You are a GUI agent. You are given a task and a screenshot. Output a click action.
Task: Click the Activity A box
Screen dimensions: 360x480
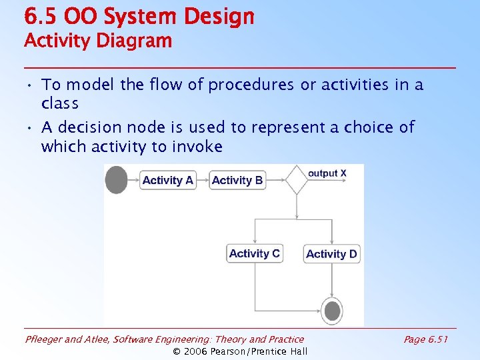[168, 180]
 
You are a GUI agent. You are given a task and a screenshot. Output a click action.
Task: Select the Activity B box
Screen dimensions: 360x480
[237, 180]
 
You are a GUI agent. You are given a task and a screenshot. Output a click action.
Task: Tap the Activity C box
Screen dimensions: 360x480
[255, 253]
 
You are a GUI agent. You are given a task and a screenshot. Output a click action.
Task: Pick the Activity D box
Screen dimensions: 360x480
[331, 254]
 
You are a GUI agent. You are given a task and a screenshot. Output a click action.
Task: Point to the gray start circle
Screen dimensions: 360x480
[117, 180]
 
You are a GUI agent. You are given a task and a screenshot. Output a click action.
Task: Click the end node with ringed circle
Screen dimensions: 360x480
[332, 310]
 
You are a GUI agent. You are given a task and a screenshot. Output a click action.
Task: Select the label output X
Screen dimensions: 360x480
[327, 173]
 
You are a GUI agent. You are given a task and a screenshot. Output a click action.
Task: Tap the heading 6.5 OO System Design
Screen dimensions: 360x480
[139, 17]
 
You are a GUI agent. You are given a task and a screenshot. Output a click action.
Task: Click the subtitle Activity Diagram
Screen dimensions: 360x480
[98, 41]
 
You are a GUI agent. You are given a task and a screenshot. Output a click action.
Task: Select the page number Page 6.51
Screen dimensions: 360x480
[425, 339]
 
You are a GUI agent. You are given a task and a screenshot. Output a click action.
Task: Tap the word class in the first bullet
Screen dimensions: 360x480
[60, 104]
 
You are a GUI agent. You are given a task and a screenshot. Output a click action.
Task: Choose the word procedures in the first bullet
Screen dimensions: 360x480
[251, 85]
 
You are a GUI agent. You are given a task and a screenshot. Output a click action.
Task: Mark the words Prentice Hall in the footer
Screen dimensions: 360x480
[279, 351]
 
